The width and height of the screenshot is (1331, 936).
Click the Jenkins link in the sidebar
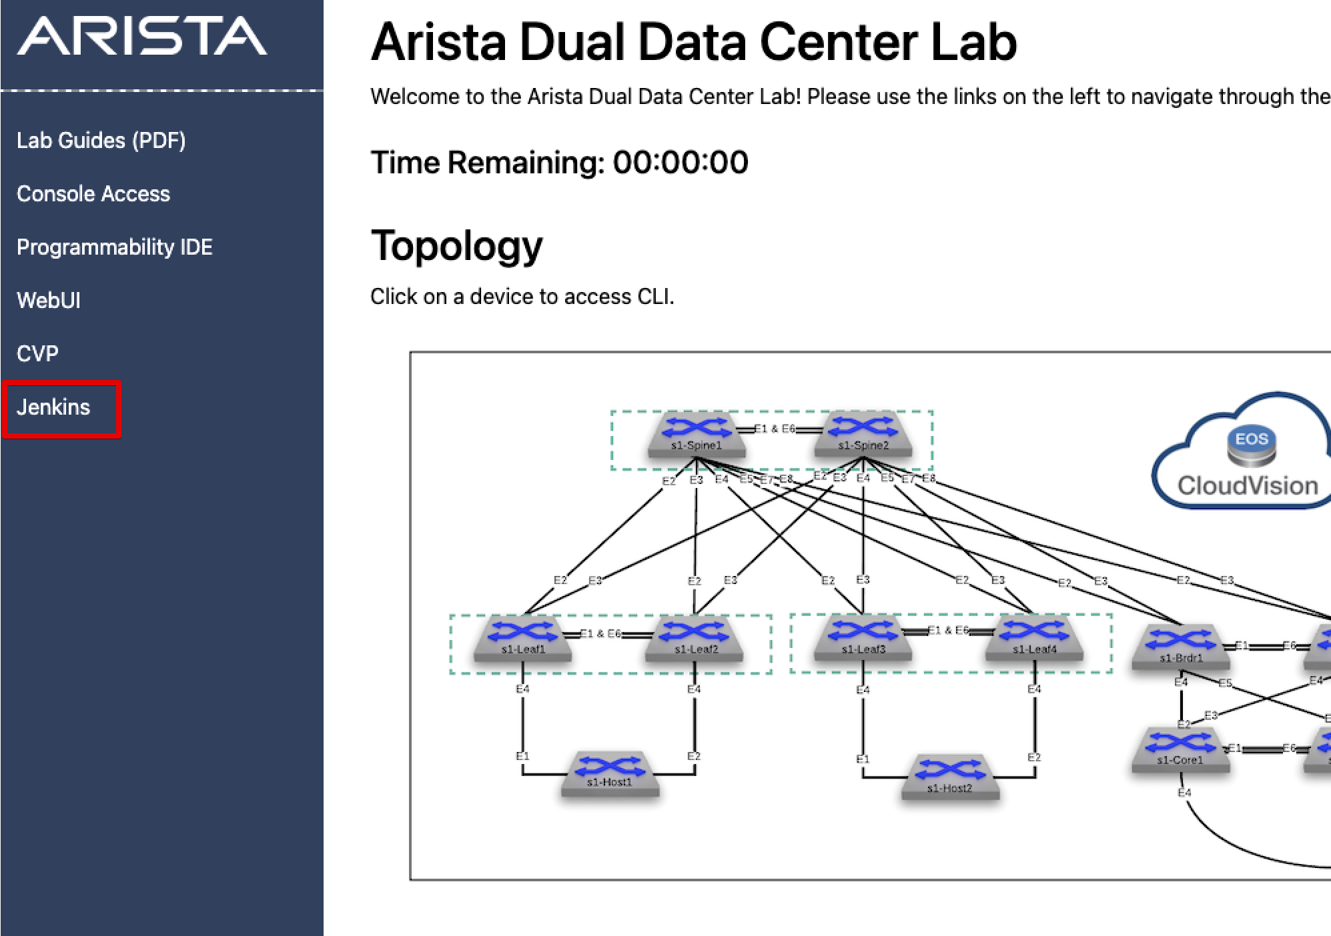pyautogui.click(x=53, y=407)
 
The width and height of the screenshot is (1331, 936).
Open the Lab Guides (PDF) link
pyautogui.click(x=101, y=141)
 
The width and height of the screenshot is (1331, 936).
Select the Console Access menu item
pyautogui.click(x=93, y=194)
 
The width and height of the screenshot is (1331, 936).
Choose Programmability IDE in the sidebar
pyautogui.click(x=114, y=247)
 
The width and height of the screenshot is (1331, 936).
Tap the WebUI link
pyautogui.click(x=49, y=301)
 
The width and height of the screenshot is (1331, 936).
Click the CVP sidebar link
pyautogui.click(x=37, y=353)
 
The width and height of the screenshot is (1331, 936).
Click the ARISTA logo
pyautogui.click(x=141, y=37)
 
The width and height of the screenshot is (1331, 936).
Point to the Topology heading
pyautogui.click(x=456, y=246)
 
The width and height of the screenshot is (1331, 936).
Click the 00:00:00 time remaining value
pyautogui.click(x=681, y=163)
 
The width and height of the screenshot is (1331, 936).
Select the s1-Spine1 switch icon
pyautogui.click(x=696, y=434)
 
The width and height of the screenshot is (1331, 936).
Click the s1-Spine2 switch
pyautogui.click(x=863, y=434)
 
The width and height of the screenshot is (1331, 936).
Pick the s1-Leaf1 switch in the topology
pyautogui.click(x=522, y=638)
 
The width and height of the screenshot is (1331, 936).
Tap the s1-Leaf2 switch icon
pyautogui.click(x=695, y=638)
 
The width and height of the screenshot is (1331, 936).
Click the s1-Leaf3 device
pyautogui.click(x=863, y=638)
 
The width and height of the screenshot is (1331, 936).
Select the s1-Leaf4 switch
pyautogui.click(x=1034, y=638)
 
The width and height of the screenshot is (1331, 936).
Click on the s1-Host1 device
pyautogui.click(x=610, y=773)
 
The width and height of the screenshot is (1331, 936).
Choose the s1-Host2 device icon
pyautogui.click(x=950, y=777)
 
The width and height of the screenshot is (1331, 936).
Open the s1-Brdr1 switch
pyautogui.click(x=1181, y=646)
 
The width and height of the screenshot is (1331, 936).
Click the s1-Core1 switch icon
pyautogui.click(x=1181, y=749)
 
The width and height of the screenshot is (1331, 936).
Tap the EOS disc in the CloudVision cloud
pyautogui.click(x=1251, y=445)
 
